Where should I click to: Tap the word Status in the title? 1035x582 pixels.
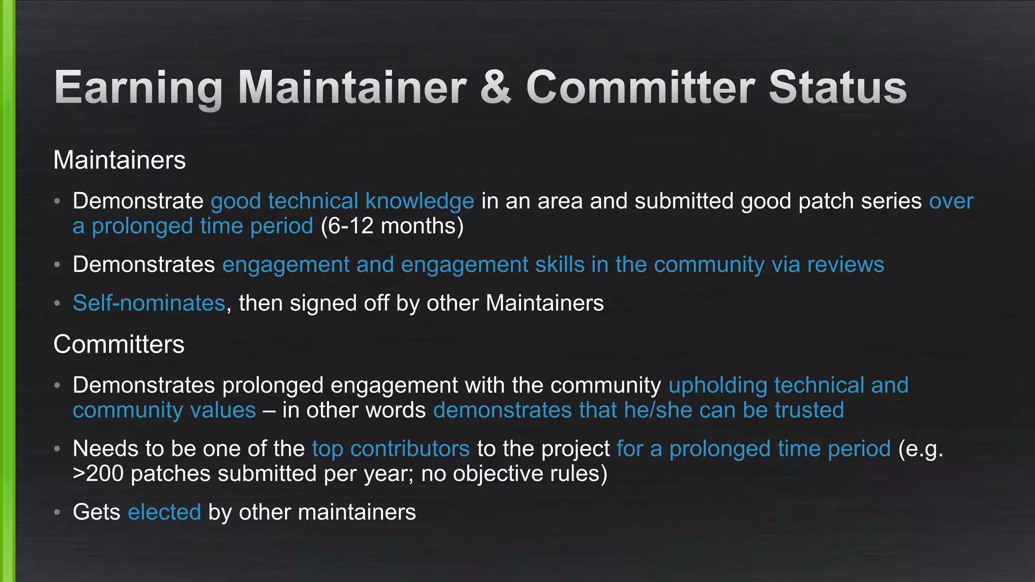tap(837, 88)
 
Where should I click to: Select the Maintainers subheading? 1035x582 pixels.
tap(119, 160)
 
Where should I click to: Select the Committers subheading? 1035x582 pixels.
tap(119, 345)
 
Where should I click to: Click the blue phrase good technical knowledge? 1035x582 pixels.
tap(342, 201)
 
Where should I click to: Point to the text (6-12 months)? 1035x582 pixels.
tap(392, 226)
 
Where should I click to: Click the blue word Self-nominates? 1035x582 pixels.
tap(149, 303)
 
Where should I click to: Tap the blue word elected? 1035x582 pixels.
tap(164, 512)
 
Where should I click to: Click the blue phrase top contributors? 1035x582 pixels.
tap(391, 449)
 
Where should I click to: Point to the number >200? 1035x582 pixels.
tap(98, 474)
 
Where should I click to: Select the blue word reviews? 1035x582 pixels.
tap(845, 265)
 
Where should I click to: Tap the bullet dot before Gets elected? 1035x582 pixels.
tap(58, 512)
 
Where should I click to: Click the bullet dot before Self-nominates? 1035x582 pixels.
tap(58, 303)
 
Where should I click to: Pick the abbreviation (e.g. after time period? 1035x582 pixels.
tap(920, 449)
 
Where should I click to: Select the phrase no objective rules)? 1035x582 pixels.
tap(514, 474)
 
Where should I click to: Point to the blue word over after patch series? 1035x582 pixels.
tap(951, 201)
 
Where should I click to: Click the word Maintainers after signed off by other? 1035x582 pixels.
tap(544, 303)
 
